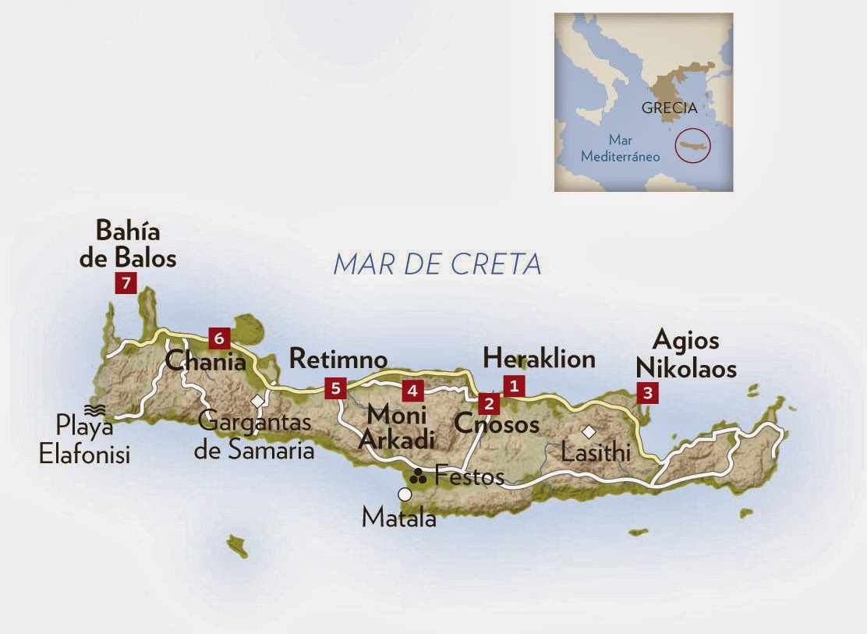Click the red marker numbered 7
[126, 283]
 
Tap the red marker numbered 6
[219, 338]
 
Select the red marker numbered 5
[335, 388]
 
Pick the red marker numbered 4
[412, 388]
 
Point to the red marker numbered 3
[646, 393]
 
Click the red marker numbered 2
[489, 403]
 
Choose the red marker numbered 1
[513, 384]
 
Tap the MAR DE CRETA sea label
[437, 264]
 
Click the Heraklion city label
[539, 358]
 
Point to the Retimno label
[338, 359]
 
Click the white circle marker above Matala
[404, 494]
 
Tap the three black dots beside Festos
[419, 475]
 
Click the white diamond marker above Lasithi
[589, 430]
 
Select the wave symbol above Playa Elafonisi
[95, 409]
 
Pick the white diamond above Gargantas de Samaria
[257, 401]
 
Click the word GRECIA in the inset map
[669, 108]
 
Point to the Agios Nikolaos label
[685, 354]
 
